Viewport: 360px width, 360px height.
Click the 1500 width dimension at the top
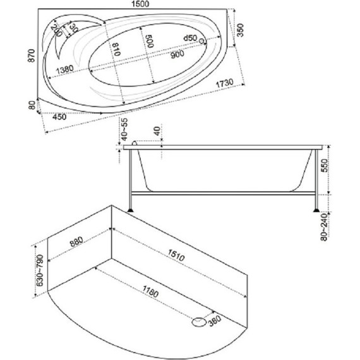[140, 4]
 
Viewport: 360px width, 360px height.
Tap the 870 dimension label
[32, 56]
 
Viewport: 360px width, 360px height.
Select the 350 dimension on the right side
[240, 30]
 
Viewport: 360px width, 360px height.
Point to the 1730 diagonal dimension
[225, 83]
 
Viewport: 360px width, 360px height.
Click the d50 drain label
[190, 38]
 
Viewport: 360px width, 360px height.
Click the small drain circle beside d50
[201, 41]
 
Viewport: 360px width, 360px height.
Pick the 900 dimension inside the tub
[177, 54]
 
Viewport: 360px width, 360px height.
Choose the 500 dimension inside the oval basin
[150, 41]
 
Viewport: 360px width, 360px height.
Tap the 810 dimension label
[117, 49]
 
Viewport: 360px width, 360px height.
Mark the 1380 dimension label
[65, 69]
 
